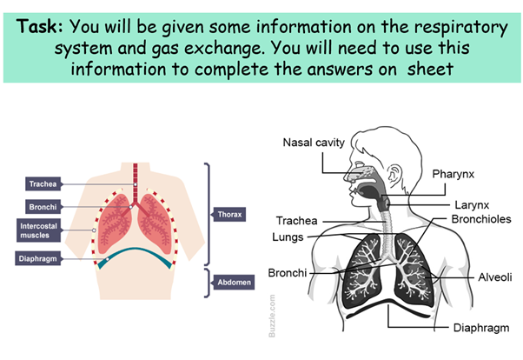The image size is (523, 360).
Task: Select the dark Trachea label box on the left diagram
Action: [43, 183]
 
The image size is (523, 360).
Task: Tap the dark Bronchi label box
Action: [43, 207]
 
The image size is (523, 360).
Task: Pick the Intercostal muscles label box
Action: [43, 230]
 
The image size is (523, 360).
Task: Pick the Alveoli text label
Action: [495, 277]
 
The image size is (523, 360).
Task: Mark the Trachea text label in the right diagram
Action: [297, 220]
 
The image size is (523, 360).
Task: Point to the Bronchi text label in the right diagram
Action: [288, 272]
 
